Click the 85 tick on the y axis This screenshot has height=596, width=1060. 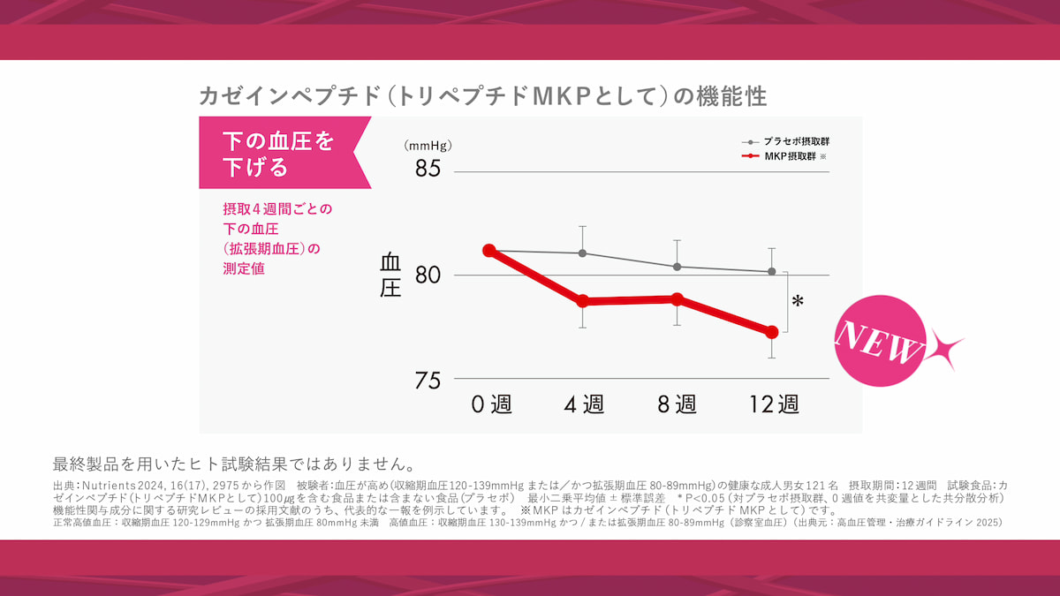428,168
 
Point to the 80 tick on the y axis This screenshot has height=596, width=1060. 428,275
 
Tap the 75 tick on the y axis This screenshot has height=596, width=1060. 428,381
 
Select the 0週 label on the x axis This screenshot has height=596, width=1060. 491,404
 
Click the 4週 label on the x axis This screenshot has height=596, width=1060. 584,404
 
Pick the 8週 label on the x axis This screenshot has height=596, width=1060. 677,404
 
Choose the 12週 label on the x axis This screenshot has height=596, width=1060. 774,404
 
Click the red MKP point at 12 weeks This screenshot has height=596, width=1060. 771,332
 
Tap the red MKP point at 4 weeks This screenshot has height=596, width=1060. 583,301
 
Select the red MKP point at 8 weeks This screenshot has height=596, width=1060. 678,299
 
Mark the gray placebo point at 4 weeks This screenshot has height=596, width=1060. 583,253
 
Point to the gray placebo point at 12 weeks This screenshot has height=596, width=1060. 771,271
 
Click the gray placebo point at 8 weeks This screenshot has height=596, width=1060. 678,267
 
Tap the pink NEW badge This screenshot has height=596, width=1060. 879,341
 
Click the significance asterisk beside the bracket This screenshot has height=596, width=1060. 798,302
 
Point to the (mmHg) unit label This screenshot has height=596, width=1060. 428,146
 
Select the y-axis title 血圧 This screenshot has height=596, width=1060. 390,275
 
